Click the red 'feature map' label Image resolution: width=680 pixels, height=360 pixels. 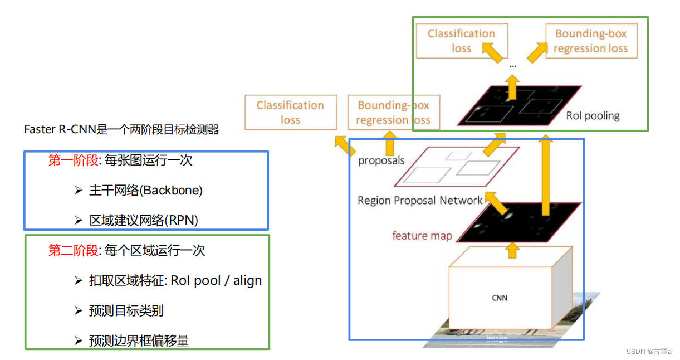pyautogui.click(x=422, y=236)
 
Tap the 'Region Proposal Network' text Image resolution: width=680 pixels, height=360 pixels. pyautogui.click(x=420, y=201)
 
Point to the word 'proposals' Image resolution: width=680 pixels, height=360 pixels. pyautogui.click(x=381, y=161)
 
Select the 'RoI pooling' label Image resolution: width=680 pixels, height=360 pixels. pyautogui.click(x=593, y=116)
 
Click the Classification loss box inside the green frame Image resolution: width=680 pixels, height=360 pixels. pyautogui.click(x=461, y=41)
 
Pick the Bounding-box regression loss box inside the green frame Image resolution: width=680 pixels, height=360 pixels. pyautogui.click(x=590, y=41)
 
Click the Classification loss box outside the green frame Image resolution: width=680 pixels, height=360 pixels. pyautogui.click(x=290, y=113)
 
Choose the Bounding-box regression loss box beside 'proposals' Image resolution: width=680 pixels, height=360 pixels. pyautogui.click(x=393, y=113)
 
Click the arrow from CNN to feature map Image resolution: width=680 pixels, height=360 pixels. pyautogui.click(x=512, y=250)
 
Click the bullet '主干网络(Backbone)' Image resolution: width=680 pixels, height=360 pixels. pyautogui.click(x=145, y=191)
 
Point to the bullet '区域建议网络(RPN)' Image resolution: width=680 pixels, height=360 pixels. pyautogui.click(x=144, y=220)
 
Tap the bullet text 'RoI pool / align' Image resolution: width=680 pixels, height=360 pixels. pyautogui.click(x=216, y=280)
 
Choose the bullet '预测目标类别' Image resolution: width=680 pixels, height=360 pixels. pyautogui.click(x=126, y=310)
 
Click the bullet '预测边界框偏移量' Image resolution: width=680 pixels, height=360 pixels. pyautogui.click(x=139, y=340)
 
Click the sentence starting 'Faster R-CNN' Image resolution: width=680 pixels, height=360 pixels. pyautogui.click(x=121, y=130)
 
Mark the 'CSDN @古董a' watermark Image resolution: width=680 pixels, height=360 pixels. pyautogui.click(x=649, y=352)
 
